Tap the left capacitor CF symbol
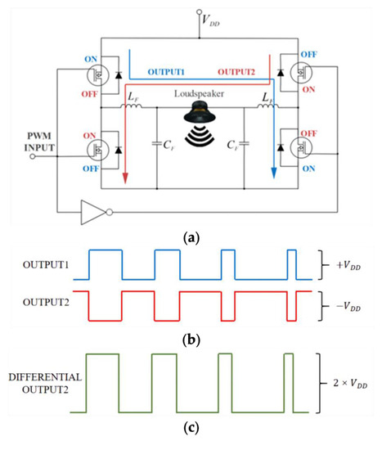point(155,147)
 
